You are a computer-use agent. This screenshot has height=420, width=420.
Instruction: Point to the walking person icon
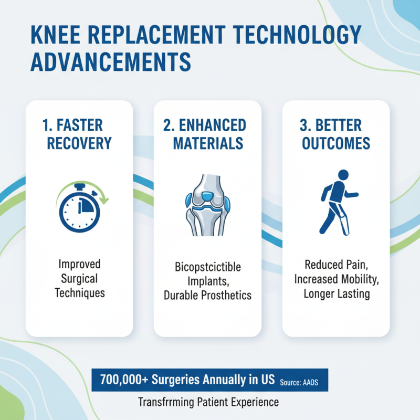click(x=336, y=202)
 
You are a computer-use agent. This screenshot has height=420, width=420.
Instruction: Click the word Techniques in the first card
click(x=79, y=293)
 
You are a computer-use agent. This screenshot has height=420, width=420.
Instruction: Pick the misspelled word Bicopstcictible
click(x=208, y=267)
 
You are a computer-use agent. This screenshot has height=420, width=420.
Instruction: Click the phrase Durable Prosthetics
click(x=208, y=295)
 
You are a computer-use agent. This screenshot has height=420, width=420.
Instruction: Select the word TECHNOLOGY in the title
click(x=296, y=36)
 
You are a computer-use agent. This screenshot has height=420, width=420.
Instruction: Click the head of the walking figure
click(x=343, y=175)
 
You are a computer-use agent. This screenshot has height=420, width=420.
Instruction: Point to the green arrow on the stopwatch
click(x=103, y=197)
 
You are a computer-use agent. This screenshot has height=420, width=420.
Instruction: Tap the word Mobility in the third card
click(x=358, y=279)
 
